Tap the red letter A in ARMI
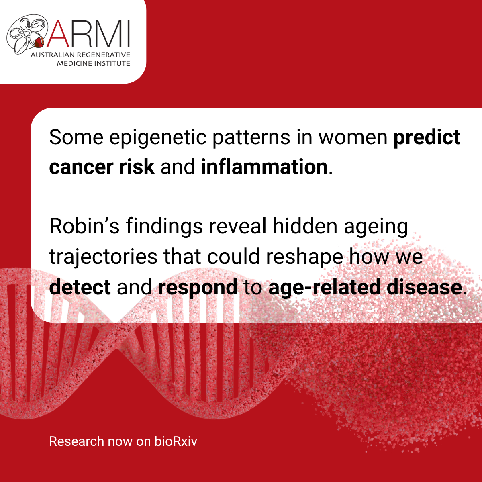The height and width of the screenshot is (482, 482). point(58,33)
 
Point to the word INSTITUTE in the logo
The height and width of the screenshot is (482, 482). point(112,63)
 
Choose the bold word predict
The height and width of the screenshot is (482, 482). point(427,138)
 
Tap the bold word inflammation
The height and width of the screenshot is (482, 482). point(264,167)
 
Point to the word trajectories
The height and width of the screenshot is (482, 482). point(103,257)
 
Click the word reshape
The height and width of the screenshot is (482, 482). point(304,257)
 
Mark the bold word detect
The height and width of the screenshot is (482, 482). point(80,288)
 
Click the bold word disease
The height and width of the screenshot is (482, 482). point(424,288)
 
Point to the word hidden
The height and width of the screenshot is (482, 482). point(305,227)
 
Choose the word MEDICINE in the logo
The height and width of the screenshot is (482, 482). point(74,63)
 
